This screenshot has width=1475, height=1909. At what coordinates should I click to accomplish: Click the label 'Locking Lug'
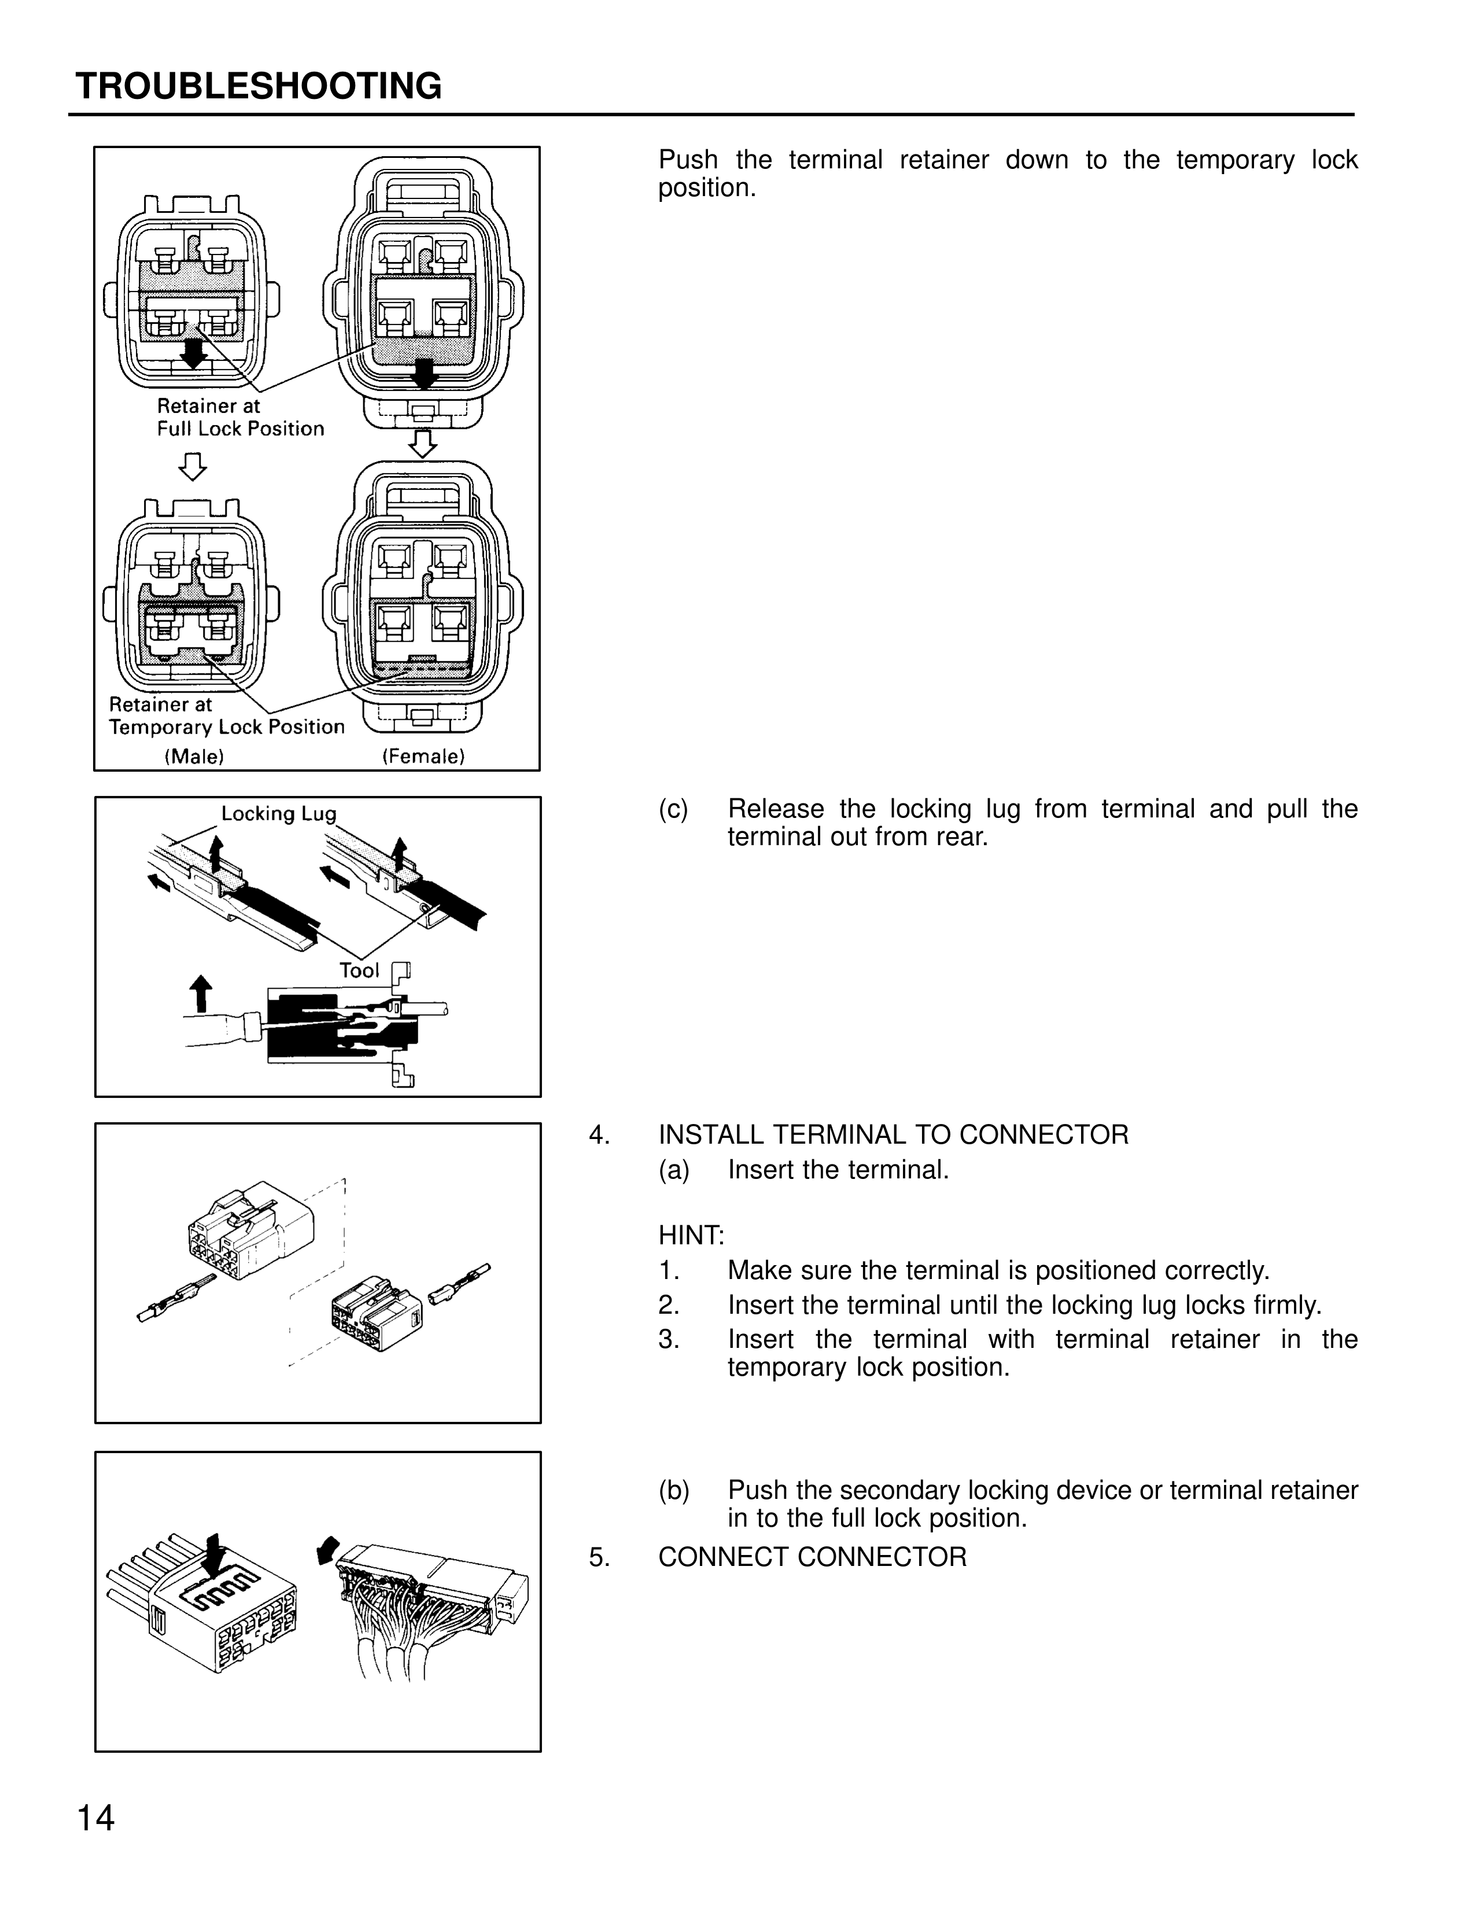point(278,814)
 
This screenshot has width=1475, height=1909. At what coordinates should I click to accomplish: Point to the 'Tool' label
point(359,970)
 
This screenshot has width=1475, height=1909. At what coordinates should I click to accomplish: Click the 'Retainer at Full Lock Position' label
point(239,417)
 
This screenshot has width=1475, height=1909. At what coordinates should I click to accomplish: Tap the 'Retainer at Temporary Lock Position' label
point(226,716)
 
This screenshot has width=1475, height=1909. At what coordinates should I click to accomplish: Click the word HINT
point(691,1236)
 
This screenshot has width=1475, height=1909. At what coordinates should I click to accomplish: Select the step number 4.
point(599,1136)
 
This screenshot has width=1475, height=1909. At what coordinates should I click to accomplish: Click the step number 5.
point(599,1557)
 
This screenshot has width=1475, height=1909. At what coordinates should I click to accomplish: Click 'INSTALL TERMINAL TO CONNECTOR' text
point(893,1136)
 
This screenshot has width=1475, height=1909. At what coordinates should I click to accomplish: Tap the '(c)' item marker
point(674,809)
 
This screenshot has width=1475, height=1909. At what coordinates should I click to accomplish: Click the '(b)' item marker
point(674,1490)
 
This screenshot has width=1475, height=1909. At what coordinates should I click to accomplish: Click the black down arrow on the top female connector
point(425,373)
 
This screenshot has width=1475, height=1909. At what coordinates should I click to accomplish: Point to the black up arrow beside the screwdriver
point(201,994)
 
